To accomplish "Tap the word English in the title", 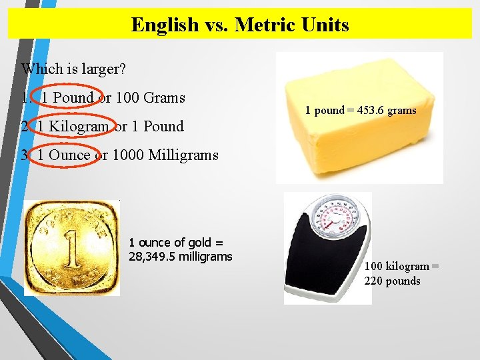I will [x=164, y=25].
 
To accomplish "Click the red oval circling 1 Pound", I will [x=67, y=97].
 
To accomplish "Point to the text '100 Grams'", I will [x=150, y=97].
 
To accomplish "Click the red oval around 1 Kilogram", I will [x=73, y=126].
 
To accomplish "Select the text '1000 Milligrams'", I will [x=165, y=155].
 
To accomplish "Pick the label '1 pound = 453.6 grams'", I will [x=361, y=110].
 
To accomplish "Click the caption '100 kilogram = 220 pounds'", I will [x=401, y=273].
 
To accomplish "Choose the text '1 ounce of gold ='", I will [x=175, y=243].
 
